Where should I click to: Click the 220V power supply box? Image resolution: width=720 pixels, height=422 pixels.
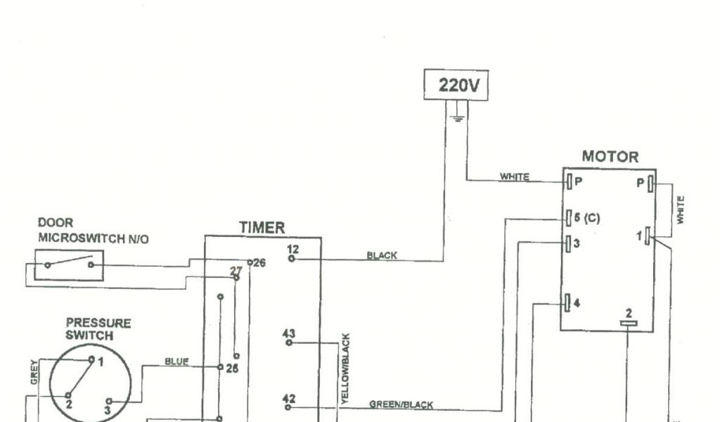[456, 85]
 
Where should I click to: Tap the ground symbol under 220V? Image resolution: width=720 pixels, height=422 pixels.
[458, 115]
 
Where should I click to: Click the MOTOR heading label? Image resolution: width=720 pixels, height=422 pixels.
[610, 157]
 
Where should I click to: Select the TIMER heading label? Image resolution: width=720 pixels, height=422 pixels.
[262, 228]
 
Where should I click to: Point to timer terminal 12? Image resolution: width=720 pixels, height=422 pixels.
[292, 259]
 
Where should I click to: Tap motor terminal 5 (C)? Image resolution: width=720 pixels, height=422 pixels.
[569, 218]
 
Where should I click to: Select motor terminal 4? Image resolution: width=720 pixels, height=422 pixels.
[569, 304]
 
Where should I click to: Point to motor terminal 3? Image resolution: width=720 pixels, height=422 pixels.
[569, 243]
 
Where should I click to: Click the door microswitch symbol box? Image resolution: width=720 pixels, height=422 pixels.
[69, 265]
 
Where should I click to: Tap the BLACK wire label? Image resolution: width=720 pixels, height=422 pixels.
[382, 256]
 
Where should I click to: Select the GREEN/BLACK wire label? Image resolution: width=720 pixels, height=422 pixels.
[401, 404]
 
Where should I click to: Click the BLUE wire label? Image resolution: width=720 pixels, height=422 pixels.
[176, 362]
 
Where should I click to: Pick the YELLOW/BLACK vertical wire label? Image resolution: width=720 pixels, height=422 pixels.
[345, 369]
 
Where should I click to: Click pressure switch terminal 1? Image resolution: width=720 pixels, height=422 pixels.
[91, 359]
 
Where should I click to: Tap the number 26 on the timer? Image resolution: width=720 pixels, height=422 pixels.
[259, 263]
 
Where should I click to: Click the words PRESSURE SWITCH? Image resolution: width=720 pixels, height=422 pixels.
[98, 329]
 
